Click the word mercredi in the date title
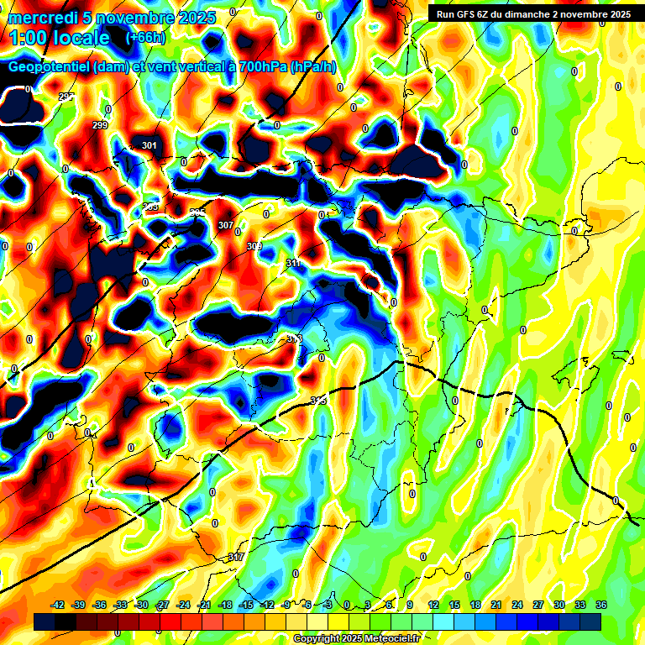(x=43, y=17)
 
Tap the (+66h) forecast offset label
(x=145, y=38)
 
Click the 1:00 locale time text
(x=59, y=38)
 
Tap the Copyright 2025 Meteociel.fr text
(x=356, y=639)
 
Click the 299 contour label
(x=100, y=126)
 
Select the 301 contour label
(x=149, y=146)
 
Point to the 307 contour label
(x=225, y=226)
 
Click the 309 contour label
(x=254, y=246)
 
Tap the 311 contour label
(x=293, y=264)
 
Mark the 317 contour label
(x=236, y=558)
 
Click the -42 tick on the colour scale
(x=58, y=606)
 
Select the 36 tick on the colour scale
(x=601, y=606)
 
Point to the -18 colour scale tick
(x=225, y=606)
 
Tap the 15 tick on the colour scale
(x=454, y=606)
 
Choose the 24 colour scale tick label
(x=517, y=606)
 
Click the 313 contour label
(x=294, y=338)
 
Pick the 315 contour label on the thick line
(x=318, y=401)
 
